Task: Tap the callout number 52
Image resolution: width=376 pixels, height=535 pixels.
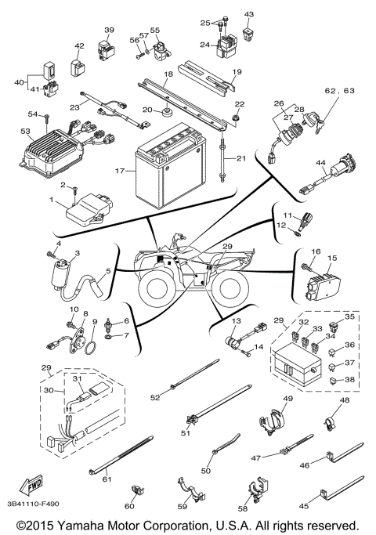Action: pyautogui.click(x=155, y=398)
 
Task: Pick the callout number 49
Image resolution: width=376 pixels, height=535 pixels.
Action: pyautogui.click(x=287, y=399)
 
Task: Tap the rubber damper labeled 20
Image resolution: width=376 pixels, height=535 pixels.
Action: pyautogui.click(x=168, y=110)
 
